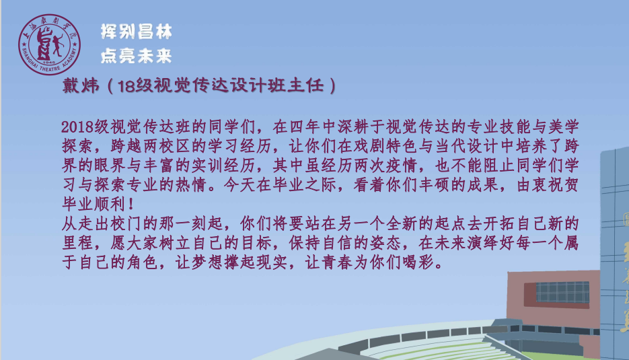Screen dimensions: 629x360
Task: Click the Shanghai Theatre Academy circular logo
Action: click(49, 44)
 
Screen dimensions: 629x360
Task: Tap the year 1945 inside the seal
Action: click(49, 62)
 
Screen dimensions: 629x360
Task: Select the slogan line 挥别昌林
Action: click(137, 32)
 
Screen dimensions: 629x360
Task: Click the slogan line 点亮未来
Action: click(137, 56)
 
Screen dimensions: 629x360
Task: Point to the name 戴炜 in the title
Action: click(81, 85)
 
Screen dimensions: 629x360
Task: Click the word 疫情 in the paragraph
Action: click(401, 166)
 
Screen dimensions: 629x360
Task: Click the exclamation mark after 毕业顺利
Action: click(131, 205)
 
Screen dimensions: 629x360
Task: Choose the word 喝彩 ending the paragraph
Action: click(418, 262)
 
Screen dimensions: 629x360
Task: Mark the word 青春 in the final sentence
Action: click(337, 262)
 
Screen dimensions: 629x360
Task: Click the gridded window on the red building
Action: click(562, 292)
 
